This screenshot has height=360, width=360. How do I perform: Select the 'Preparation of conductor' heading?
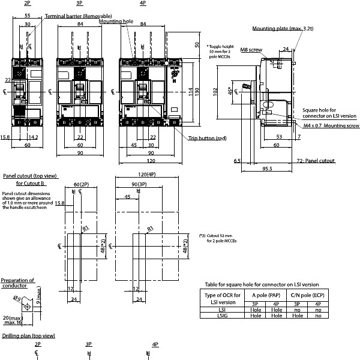(x=17, y=283)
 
